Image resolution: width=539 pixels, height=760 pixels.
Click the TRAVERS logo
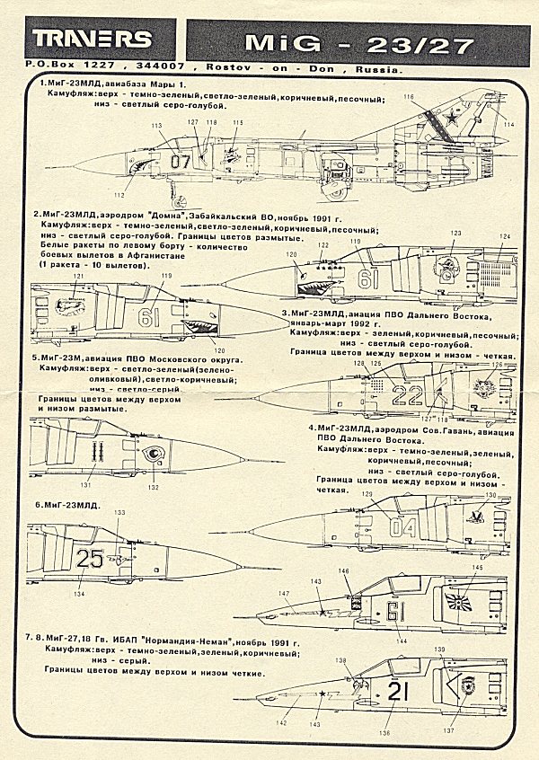[x=93, y=40]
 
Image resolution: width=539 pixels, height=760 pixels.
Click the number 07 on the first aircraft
[x=181, y=163]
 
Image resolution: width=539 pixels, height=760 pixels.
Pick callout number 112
[x=119, y=194]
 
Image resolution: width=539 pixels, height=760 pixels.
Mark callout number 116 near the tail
[x=409, y=97]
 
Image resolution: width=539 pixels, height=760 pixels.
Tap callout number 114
[x=508, y=125]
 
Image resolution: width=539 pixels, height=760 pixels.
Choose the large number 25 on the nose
[x=90, y=559]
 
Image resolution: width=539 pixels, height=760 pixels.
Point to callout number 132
[x=155, y=487]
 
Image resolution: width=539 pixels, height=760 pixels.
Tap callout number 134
[x=80, y=595]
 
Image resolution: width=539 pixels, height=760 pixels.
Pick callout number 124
[x=506, y=236]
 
